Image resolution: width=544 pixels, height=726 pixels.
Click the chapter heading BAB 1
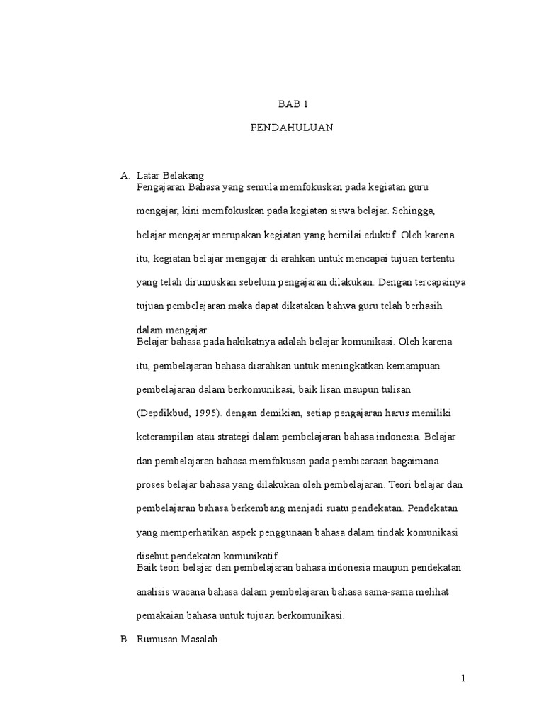tap(293, 104)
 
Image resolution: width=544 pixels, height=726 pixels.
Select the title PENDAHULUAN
tap(293, 128)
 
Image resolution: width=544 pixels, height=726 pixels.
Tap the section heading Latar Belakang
tap(170, 176)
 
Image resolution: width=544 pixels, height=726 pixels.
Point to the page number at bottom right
tap(463, 679)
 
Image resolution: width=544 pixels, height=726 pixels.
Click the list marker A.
tap(124, 176)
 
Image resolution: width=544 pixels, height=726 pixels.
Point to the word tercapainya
tap(437, 281)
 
